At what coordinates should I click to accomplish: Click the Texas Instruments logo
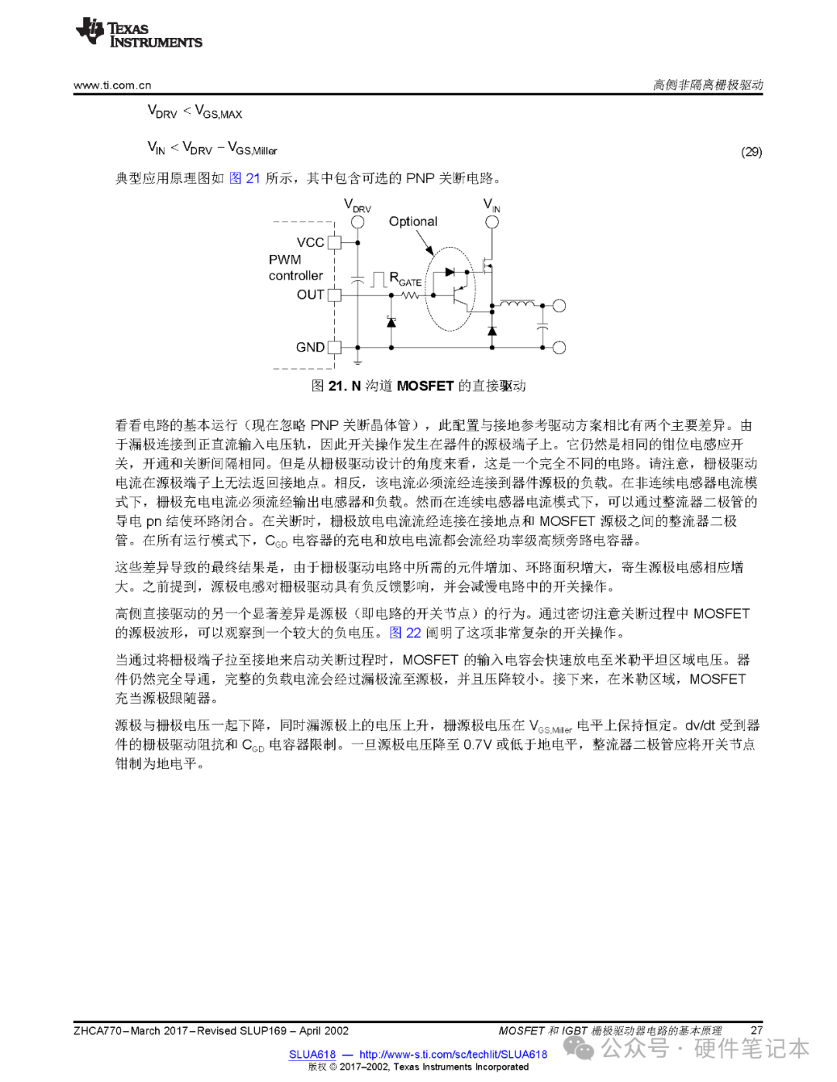(139, 33)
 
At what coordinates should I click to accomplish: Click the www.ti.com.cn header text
(112, 85)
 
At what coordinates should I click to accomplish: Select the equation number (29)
(751, 152)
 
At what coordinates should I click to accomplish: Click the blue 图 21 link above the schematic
(245, 178)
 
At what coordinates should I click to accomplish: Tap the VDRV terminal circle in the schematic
(357, 222)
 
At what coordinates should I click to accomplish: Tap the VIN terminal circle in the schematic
(492, 222)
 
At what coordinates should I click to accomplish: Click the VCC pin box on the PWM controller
(334, 242)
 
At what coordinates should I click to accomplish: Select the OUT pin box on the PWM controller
(334, 295)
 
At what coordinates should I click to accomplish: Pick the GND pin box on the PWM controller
(334, 347)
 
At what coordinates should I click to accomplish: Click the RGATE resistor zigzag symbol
(410, 295)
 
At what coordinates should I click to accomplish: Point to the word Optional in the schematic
(413, 222)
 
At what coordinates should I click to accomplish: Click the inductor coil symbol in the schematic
(517, 304)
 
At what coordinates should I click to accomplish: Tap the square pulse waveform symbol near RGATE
(378, 279)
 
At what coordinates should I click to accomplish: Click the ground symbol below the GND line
(357, 360)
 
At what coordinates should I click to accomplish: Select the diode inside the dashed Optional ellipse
(449, 273)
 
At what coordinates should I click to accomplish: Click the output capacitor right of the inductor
(542, 325)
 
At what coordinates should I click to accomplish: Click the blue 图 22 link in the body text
(405, 633)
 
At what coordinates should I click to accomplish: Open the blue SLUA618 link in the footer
(312, 1054)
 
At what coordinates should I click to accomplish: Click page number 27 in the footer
(756, 1030)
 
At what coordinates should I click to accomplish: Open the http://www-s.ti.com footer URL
(453, 1054)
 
